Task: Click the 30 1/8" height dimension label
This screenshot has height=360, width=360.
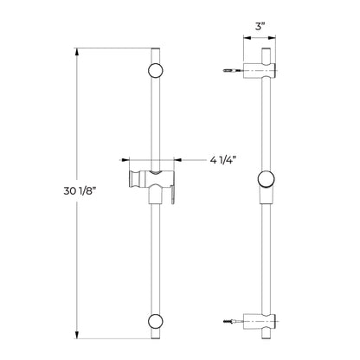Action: (x=80, y=191)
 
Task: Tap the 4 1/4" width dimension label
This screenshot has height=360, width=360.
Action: (x=223, y=160)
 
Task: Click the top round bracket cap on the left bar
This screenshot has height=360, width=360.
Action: (x=156, y=70)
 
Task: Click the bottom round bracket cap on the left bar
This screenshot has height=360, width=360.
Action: (x=156, y=321)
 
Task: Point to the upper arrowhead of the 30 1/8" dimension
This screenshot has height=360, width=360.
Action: (x=77, y=52)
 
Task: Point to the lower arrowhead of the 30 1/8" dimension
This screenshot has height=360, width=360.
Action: (x=77, y=335)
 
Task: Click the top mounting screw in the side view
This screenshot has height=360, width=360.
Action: (x=233, y=70)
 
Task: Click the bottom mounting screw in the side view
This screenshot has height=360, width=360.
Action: (x=233, y=321)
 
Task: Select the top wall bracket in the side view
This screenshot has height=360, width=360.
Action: (x=260, y=70)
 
